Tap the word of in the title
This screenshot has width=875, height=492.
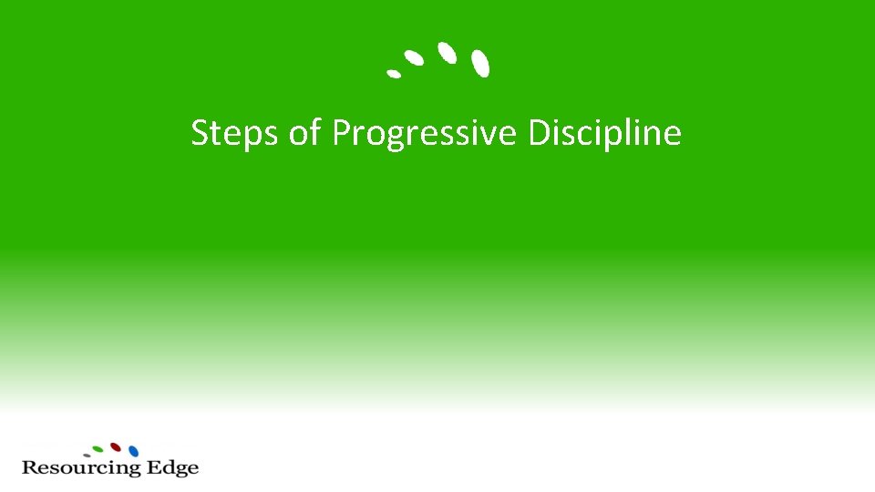[x=305, y=133]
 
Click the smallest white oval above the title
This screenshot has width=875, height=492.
[x=394, y=73]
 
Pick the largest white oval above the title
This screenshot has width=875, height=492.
[x=480, y=63]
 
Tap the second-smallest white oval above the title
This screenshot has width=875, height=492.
[x=414, y=58]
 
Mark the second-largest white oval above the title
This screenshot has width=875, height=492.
[x=447, y=52]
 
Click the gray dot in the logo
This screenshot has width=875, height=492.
[x=87, y=455]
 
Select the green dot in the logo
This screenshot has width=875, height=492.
[x=98, y=449]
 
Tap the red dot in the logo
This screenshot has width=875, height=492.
[x=116, y=447]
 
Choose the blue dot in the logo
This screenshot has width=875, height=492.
[x=133, y=451]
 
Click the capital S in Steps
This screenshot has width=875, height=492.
[x=200, y=133]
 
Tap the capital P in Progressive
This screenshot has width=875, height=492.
[x=341, y=133]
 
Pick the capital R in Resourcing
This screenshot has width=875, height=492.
[x=29, y=468]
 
